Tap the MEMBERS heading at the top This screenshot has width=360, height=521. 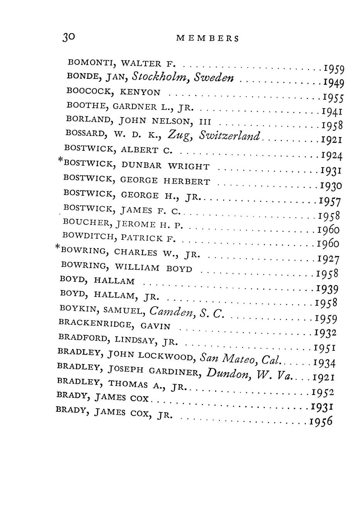pyautogui.click(x=207, y=38)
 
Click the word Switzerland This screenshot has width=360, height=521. pyautogui.click(x=230, y=136)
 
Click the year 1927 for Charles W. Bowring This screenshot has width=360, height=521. pyautogui.click(x=328, y=258)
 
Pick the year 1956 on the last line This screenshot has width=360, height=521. pyautogui.click(x=321, y=422)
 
